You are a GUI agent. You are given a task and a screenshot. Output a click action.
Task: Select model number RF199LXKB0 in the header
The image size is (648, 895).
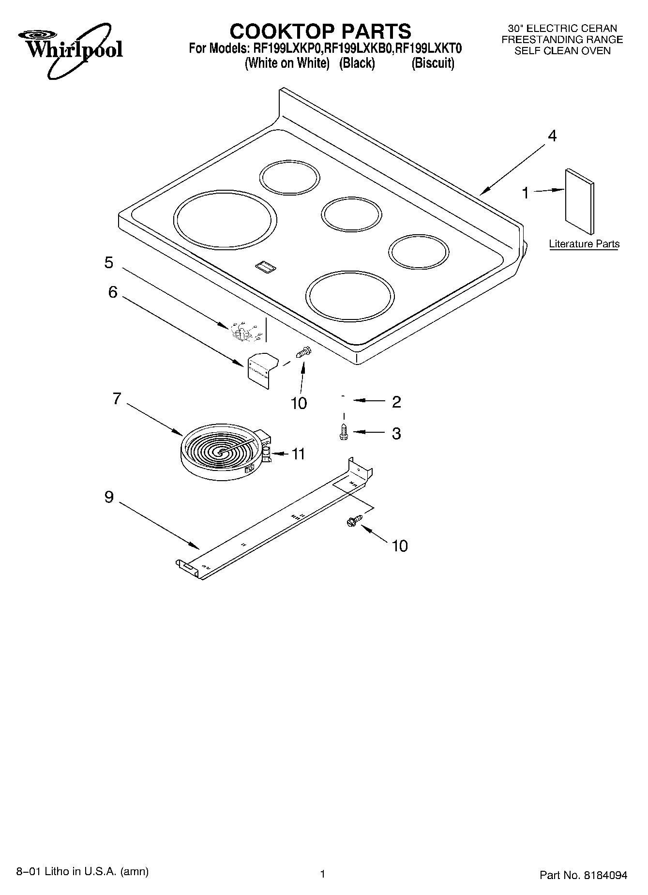click(x=359, y=48)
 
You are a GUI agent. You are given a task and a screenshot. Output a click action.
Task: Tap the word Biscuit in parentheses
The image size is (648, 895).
click(x=433, y=63)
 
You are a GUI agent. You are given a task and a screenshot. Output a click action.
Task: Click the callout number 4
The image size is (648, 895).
click(x=552, y=136)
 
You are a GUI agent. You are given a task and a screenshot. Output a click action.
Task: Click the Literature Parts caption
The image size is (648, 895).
click(x=584, y=244)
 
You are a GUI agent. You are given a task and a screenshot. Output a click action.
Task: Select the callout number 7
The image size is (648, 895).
click(x=117, y=398)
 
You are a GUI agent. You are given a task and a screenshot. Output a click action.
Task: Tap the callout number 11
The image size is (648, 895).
click(x=298, y=454)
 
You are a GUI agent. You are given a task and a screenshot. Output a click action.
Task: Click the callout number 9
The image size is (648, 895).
click(x=109, y=497)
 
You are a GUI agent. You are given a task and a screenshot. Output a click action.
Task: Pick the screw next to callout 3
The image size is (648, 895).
click(x=344, y=432)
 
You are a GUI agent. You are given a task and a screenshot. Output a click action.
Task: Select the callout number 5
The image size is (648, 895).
click(x=109, y=262)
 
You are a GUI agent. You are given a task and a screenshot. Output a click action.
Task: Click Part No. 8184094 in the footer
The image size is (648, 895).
click(x=583, y=875)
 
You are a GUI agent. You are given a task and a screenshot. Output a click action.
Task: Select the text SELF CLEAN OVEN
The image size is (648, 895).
click(x=562, y=51)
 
